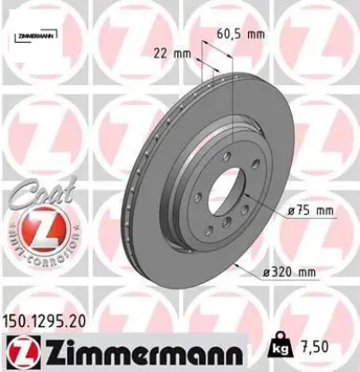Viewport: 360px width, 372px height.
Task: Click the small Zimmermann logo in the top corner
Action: click(33, 36)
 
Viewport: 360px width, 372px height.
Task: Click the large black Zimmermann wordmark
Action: click(134, 350)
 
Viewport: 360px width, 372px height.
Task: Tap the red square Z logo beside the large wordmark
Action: click(17, 350)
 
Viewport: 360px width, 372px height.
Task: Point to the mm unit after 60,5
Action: click(256, 34)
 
